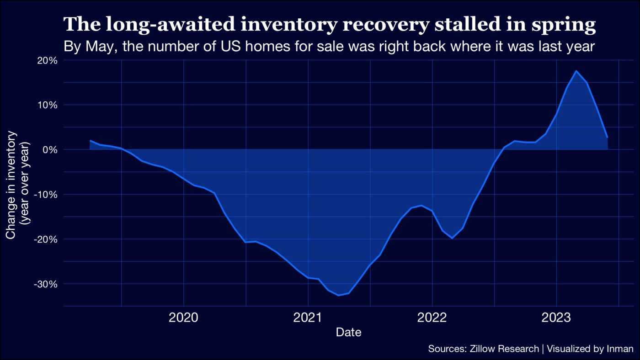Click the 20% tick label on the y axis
(47, 60)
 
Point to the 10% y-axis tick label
(47, 105)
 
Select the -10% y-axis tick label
(45, 195)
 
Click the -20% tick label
(45, 239)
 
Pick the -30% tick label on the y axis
(45, 284)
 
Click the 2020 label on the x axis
(183, 318)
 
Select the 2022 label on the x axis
(432, 318)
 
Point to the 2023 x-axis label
(556, 318)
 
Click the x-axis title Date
(348, 333)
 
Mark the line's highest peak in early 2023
(576, 71)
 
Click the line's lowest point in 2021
(339, 295)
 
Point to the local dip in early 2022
(452, 238)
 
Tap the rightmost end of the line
(607, 137)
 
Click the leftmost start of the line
(91, 141)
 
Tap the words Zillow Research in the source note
(504, 349)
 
